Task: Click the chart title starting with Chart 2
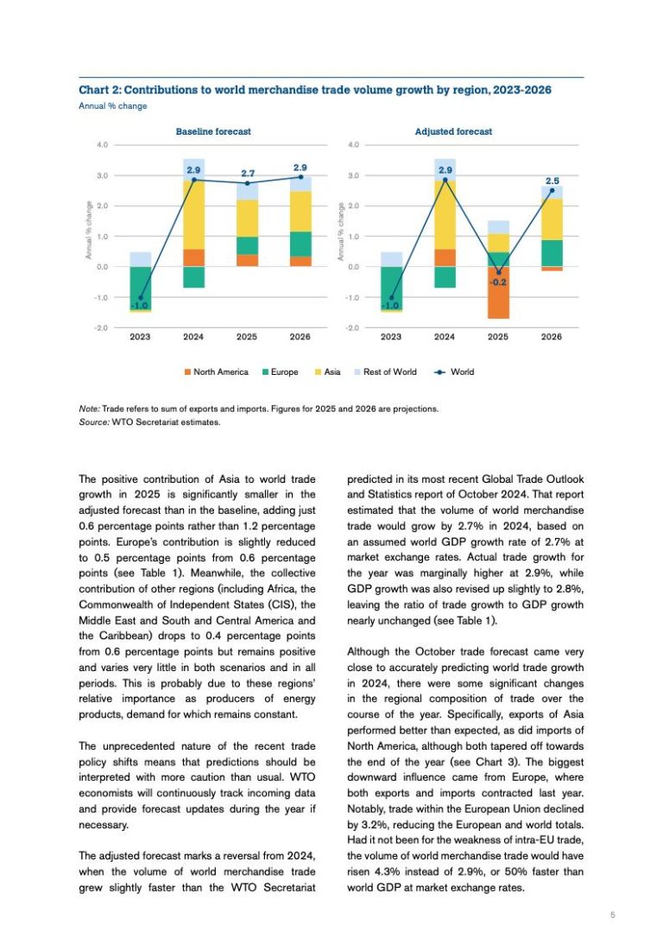pos(315,90)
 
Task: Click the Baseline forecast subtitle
pos(213,131)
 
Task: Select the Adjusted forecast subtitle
pos(453,131)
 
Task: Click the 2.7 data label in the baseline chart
pos(247,173)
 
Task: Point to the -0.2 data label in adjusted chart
pos(498,282)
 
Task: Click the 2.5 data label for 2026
pos(552,181)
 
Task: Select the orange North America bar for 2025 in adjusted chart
pos(498,293)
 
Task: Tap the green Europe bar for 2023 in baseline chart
pos(140,285)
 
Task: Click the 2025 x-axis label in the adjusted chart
pos(498,338)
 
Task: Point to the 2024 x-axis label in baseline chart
pos(193,338)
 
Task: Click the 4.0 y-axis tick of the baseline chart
pos(102,145)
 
